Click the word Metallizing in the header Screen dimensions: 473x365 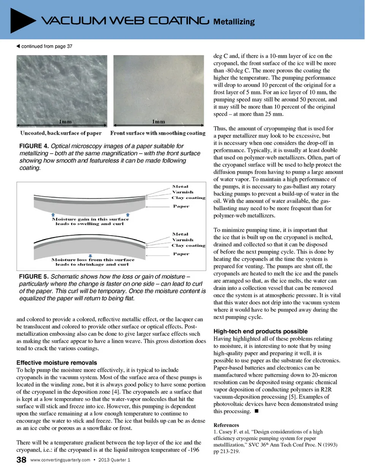tap(234, 22)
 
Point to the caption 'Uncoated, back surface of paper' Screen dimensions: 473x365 tap(61, 133)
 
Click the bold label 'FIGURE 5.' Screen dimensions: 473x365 tap(34, 277)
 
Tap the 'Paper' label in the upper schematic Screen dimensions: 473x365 tap(181, 206)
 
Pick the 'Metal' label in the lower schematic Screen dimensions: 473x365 tap(180, 234)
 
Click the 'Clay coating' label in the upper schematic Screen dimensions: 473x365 tap(188, 198)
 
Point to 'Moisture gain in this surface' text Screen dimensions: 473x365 tap(90, 219)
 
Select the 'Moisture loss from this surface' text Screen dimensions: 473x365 tap(93, 260)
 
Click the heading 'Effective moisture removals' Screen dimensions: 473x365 tap(57, 363)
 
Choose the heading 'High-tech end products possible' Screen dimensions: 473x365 tap(260, 331)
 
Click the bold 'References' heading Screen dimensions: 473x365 tap(226, 425)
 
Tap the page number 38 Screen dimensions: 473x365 tap(21, 460)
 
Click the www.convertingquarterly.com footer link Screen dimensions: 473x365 tap(60, 460)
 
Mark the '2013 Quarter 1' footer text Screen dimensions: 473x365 tap(114, 460)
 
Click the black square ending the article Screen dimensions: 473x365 tap(257, 411)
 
